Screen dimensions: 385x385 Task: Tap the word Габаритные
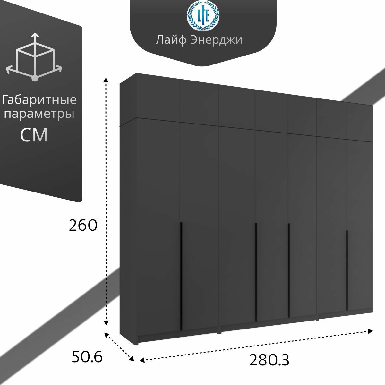click(39, 100)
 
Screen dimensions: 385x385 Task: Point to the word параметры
click(39, 114)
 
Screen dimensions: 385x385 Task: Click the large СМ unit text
click(34, 135)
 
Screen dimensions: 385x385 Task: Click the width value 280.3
click(269, 360)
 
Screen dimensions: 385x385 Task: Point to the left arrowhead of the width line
click(142, 360)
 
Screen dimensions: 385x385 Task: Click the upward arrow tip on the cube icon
click(35, 34)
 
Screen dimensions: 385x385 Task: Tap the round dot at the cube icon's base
click(35, 78)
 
